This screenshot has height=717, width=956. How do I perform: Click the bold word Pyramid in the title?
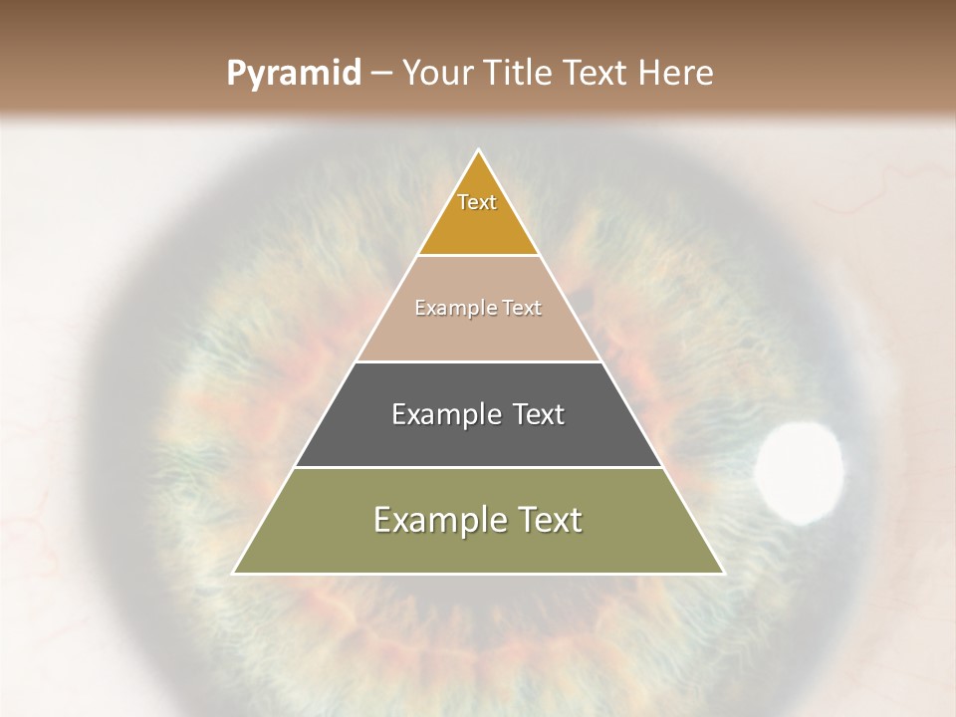pos(294,74)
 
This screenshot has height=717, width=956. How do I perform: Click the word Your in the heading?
pos(438,74)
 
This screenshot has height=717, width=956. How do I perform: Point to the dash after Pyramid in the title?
pos(381,74)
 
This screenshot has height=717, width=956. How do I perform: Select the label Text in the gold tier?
pos(477,202)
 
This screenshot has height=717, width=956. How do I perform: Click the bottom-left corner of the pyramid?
pos(234,573)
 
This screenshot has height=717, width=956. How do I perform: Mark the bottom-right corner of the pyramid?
pos(723,573)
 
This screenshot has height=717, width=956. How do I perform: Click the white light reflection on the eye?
pos(799,472)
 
